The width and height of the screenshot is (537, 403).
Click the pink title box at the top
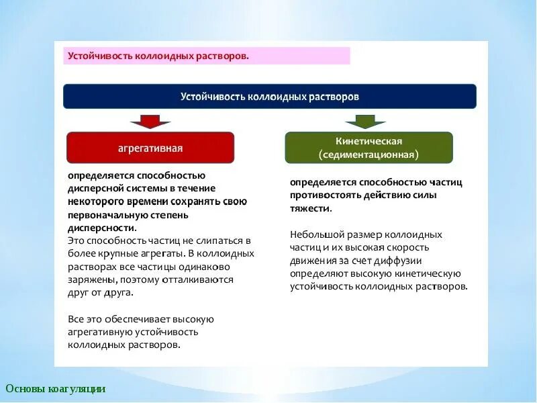click(x=207, y=56)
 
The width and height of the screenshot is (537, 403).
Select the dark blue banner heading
click(x=270, y=96)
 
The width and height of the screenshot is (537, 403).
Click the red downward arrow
click(x=150, y=121)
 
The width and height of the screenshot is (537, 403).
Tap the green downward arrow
click(x=365, y=121)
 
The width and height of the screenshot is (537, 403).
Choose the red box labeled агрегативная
click(x=150, y=148)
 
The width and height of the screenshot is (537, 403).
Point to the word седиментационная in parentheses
click(x=369, y=154)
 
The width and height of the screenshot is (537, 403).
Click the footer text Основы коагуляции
click(x=56, y=389)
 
